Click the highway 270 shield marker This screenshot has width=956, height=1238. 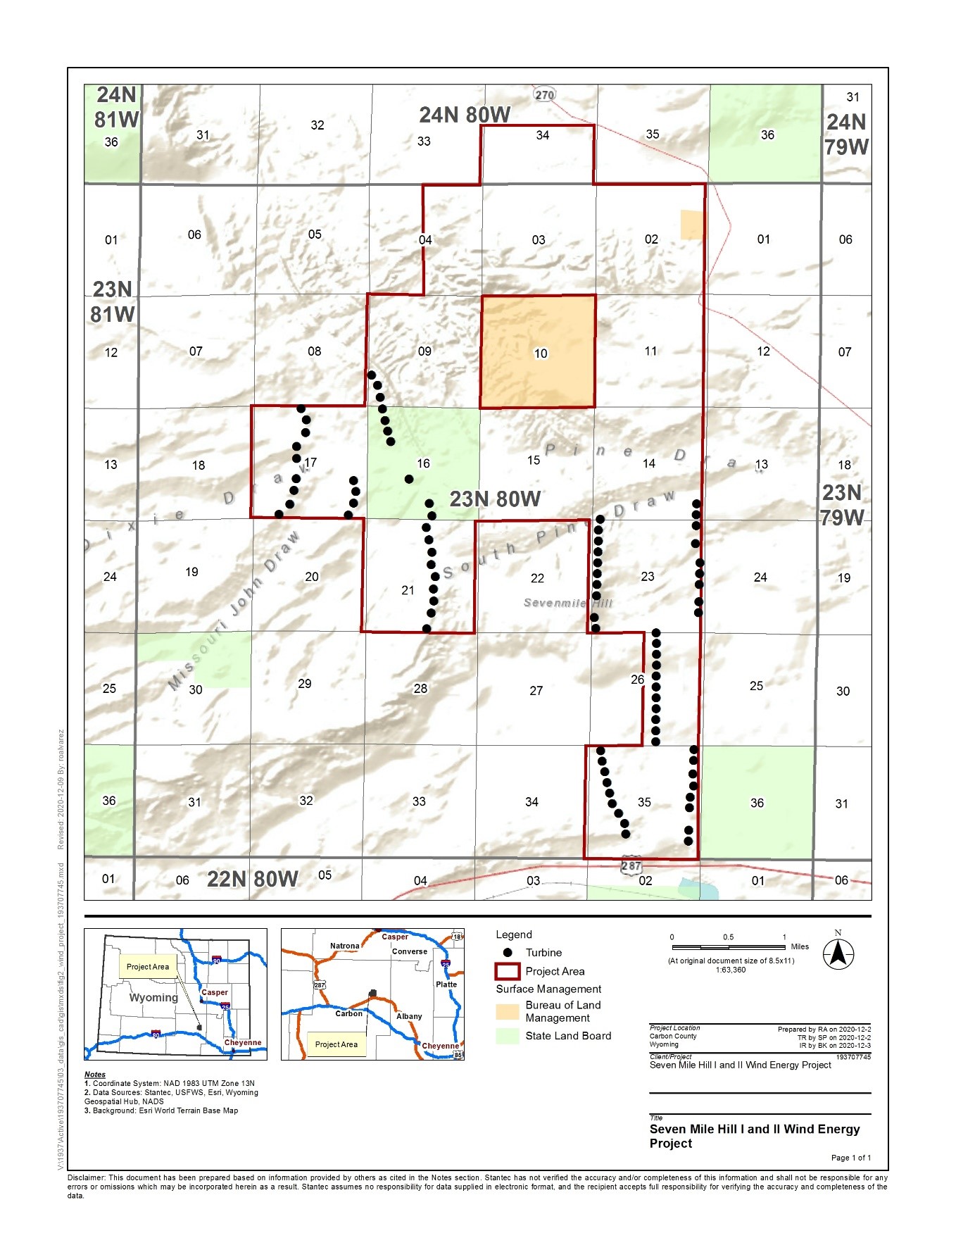[x=544, y=94]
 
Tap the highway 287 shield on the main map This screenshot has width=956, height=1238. [x=631, y=865]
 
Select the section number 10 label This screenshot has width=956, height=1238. [x=540, y=354]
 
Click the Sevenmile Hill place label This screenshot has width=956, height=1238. [x=568, y=603]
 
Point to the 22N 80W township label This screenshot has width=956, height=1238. [x=253, y=879]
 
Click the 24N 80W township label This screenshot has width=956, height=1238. [x=465, y=115]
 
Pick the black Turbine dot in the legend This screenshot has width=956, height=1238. [x=507, y=952]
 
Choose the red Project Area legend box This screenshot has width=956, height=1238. [x=507, y=971]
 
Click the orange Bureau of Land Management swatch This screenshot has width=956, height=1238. [x=507, y=1011]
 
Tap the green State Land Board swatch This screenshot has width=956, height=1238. [x=507, y=1036]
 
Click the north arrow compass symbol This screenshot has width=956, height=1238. [x=838, y=954]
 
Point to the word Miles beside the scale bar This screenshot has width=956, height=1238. [x=800, y=946]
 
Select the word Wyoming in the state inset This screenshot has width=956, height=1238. [x=153, y=998]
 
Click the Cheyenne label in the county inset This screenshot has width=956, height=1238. [x=440, y=1046]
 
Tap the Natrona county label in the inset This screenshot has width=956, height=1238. [x=344, y=946]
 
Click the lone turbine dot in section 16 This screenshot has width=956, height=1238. [x=408, y=479]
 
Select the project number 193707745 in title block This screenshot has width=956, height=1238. [x=853, y=1057]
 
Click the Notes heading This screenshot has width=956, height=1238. [x=95, y=1075]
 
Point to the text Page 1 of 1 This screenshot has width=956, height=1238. [x=850, y=1158]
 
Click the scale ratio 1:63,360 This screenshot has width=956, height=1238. [x=731, y=970]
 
